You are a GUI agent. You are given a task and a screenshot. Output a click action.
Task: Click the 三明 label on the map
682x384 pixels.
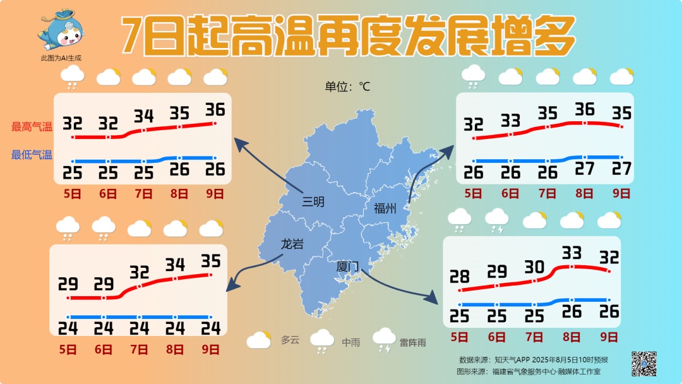[x=313, y=201]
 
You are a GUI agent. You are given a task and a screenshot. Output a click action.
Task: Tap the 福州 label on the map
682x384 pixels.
[x=385, y=208]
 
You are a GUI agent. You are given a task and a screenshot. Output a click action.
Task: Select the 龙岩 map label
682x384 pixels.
[x=292, y=243]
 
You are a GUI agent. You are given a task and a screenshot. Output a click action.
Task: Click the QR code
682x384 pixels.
[x=644, y=363]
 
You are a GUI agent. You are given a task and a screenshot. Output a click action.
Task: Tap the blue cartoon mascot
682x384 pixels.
[x=61, y=31]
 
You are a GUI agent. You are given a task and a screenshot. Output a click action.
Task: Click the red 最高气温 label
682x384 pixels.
[x=32, y=126]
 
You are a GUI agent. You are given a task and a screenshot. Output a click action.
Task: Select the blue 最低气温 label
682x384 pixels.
[x=32, y=154]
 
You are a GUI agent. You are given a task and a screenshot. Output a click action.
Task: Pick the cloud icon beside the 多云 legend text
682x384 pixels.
[x=259, y=340]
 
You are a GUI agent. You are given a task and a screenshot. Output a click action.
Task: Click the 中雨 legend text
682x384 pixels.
[x=350, y=342]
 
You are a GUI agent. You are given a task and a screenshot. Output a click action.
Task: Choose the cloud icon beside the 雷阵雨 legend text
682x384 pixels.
[x=384, y=340]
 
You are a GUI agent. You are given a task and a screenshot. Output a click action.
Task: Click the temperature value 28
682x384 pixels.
[x=460, y=276]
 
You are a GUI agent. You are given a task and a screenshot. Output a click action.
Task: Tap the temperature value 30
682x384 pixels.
[x=534, y=267]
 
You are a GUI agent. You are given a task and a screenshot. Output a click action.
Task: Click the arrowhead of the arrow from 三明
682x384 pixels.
[x=239, y=145]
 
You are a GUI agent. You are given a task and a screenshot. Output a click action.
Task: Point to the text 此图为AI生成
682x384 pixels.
[x=61, y=58]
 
